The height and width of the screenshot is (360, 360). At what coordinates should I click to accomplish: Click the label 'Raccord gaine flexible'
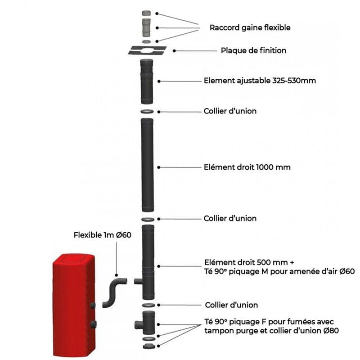pos(250,27)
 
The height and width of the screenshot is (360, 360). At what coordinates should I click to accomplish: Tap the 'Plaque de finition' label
pos(253,50)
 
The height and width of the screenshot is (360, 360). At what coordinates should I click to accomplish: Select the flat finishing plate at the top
pos(147,50)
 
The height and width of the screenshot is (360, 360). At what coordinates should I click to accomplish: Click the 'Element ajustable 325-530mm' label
pos(260,81)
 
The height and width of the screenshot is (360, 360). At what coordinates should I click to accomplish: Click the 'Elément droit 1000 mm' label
pos(247,167)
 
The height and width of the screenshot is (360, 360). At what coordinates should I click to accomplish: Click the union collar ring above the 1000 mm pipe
pos(147,111)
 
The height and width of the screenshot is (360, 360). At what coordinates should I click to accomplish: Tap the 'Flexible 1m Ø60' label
pos(103,235)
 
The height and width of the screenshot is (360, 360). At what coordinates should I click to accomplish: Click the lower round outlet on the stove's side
pos(92,324)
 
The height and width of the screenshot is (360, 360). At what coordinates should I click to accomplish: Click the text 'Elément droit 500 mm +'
pos(243,262)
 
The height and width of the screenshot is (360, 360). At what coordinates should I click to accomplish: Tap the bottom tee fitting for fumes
pos(147,322)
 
